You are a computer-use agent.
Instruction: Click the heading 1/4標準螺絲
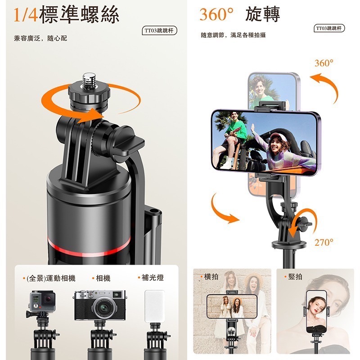coord(66,14)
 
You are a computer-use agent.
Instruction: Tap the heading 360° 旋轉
coord(239,14)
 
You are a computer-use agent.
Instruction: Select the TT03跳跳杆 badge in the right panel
coord(330,28)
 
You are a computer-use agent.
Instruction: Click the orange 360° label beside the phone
coord(324,63)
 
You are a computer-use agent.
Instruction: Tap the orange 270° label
coord(324,243)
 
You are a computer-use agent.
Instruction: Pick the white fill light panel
coord(154,305)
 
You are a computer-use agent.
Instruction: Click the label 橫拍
coord(211,277)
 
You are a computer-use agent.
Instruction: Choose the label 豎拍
coord(295,276)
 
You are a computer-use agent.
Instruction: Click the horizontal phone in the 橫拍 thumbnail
coord(232,306)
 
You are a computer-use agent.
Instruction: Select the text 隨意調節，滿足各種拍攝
coord(233,35)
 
